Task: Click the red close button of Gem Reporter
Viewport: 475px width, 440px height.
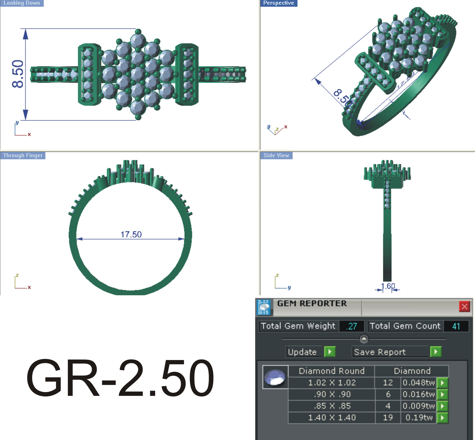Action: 464,307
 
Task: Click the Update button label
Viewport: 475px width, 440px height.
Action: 302,352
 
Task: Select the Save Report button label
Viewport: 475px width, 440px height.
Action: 380,352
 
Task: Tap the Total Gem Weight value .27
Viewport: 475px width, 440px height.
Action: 351,326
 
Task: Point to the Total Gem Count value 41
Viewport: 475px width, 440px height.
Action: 456,326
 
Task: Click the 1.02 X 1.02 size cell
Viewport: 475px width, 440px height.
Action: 332,383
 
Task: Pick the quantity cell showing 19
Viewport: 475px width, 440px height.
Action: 388,418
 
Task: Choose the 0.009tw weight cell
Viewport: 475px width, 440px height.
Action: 418,406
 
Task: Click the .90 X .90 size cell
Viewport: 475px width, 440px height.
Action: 332,394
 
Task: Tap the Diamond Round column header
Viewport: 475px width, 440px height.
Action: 332,371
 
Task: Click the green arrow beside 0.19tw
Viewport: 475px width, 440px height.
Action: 442,418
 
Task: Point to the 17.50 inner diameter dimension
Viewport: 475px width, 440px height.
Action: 131,234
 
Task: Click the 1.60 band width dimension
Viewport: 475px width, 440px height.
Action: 388,286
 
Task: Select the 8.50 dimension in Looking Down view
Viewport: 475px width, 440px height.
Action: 18,74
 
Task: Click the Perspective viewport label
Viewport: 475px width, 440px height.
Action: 278,3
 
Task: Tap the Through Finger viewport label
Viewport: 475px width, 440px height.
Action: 23,155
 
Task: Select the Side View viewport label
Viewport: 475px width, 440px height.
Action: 276,155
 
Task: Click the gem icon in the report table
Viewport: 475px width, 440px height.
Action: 275,377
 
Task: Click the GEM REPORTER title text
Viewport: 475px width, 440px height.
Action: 312,303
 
